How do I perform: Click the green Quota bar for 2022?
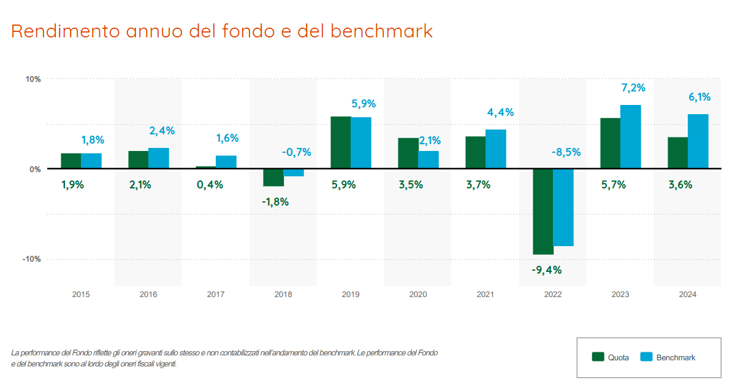(x=542, y=211)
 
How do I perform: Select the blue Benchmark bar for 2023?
(x=630, y=137)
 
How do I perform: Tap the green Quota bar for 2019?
(x=340, y=142)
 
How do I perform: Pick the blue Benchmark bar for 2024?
(x=698, y=141)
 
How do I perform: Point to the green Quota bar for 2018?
(x=273, y=177)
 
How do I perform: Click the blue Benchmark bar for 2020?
(x=428, y=160)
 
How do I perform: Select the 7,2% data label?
(x=633, y=88)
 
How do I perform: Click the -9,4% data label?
(x=547, y=269)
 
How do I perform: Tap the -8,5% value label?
(x=565, y=152)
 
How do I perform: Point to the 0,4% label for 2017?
(x=210, y=185)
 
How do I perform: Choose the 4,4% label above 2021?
(x=500, y=112)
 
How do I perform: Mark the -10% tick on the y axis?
(x=31, y=259)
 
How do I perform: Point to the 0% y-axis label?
(x=35, y=169)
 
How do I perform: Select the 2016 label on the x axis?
(x=148, y=295)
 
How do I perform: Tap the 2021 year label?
(x=485, y=295)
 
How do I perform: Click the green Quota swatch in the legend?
(x=598, y=357)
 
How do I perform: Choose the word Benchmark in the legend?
(x=676, y=357)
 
